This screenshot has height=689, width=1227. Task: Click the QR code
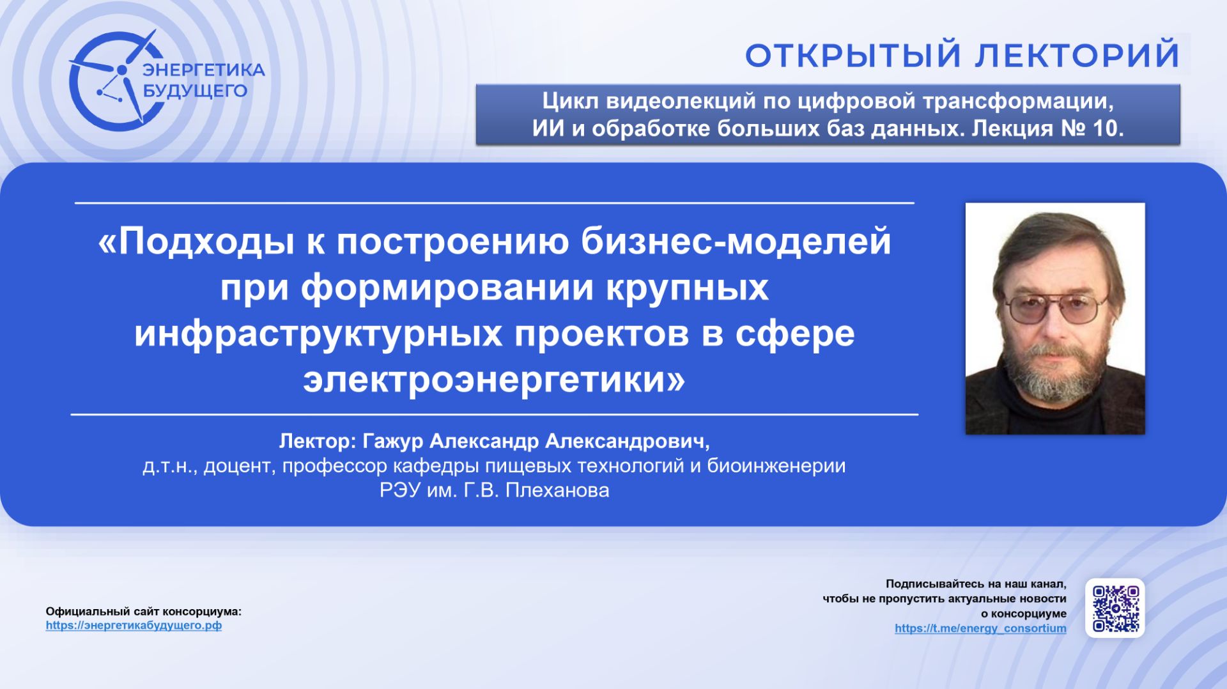(1115, 608)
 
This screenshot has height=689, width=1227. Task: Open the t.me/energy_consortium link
(980, 628)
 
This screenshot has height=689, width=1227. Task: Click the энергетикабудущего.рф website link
(134, 626)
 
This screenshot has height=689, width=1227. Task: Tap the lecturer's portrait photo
(1054, 318)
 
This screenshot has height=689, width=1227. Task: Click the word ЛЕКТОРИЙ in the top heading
(1077, 56)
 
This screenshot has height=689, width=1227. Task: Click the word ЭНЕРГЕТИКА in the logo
(203, 70)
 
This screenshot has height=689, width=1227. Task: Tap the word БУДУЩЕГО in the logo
(195, 91)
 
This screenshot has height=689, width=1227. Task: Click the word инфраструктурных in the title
(318, 334)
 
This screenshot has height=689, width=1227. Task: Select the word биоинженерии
(776, 466)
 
